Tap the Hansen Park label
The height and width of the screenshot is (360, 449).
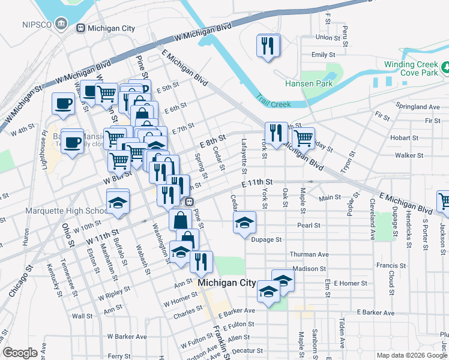click(309, 84)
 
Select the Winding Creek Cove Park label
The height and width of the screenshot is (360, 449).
click(411, 68)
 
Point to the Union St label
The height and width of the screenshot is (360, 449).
click(328, 37)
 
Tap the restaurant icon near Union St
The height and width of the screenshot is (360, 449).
click(267, 46)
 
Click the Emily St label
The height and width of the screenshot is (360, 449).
click(323, 55)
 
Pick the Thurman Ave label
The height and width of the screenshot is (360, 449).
click(309, 254)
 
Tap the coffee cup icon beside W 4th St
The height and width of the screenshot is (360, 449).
click(63, 103)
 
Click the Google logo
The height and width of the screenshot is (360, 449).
click(20, 353)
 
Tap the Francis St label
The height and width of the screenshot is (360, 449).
click(391, 265)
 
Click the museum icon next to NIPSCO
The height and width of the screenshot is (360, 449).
click(61, 24)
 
